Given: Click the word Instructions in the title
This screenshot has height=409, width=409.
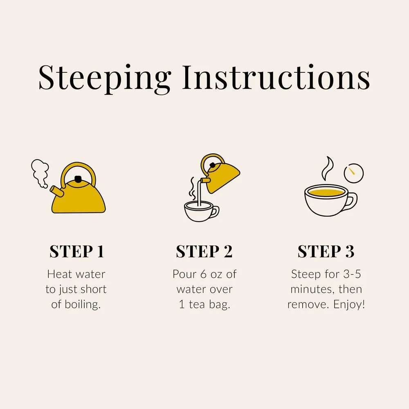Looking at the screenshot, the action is coord(276,77).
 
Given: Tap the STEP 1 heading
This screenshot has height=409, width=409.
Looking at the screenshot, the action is coord(77,252).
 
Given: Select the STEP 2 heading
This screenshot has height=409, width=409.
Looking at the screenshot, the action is coord(204,252).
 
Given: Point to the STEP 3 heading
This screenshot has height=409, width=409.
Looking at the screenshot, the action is coord(326,252).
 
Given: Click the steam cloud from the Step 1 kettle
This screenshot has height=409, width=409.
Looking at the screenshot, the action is coord(40,173).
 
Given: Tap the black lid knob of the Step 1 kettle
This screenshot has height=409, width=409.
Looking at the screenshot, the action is coord(78,179).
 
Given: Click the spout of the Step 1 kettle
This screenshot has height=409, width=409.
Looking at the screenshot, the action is coord(56,191).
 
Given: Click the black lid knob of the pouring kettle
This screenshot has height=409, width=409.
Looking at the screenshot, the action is coord(213,165).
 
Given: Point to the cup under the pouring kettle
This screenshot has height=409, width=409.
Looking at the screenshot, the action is coord(201,211).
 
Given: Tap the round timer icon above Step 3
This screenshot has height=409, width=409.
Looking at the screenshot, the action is coord(354,173).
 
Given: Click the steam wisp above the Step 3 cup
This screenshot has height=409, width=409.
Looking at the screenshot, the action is coord(327,169).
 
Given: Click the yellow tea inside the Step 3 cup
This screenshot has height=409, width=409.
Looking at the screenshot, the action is coord(326,193).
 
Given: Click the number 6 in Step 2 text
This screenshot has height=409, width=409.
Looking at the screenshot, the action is coord(203,274).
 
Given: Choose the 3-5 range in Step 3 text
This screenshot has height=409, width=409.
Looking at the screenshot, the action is coord(352,274).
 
